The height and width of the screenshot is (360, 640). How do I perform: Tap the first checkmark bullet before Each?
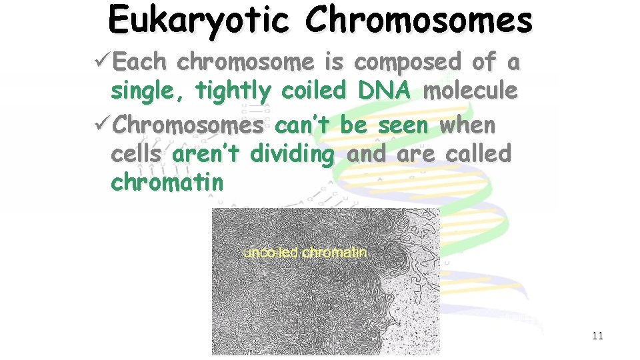click(x=103, y=62)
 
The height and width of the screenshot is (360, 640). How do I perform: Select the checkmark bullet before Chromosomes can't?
click(x=103, y=125)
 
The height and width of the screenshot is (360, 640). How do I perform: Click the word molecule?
click(x=470, y=91)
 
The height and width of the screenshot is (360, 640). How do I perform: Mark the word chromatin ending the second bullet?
click(x=167, y=182)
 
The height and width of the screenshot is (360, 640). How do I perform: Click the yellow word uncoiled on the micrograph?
click(x=271, y=253)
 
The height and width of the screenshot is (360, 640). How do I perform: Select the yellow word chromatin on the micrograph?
click(x=335, y=253)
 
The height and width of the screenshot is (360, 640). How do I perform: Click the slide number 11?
click(x=597, y=335)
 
